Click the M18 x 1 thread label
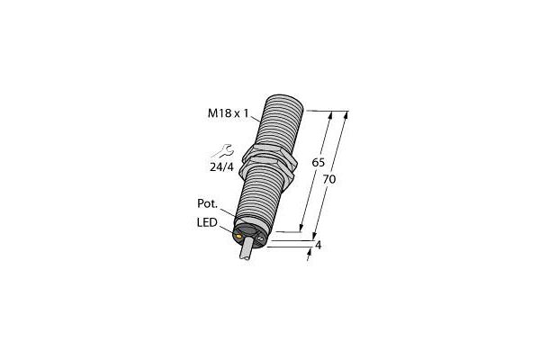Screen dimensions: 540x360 [x=228, y=113]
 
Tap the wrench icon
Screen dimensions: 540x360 [x=223, y=151]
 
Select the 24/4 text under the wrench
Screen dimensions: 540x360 [x=221, y=167]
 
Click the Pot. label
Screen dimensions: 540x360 [x=208, y=203]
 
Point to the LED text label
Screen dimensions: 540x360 [x=207, y=222]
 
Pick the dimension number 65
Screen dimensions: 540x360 [x=319, y=162]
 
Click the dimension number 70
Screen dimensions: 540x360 [x=329, y=179]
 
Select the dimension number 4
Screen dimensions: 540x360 [x=319, y=245]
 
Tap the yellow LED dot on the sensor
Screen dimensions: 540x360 [x=238, y=237]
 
